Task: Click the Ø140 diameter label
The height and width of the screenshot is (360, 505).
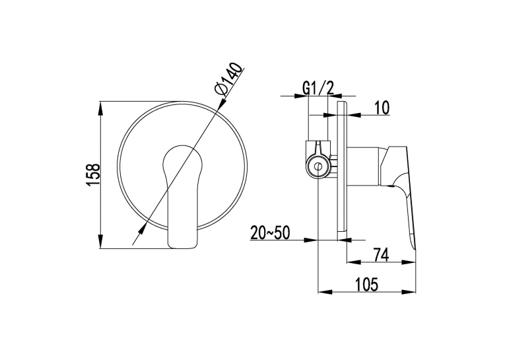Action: (x=228, y=79)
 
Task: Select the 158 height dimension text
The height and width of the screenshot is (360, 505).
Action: (x=94, y=174)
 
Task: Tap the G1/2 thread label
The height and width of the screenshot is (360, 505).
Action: (x=318, y=87)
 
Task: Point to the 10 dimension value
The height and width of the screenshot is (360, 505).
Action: (x=382, y=108)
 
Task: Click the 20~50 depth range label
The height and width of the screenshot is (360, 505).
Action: (x=270, y=233)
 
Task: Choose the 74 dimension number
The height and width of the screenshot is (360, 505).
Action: (x=381, y=254)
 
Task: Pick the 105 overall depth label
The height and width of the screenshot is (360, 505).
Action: (x=366, y=284)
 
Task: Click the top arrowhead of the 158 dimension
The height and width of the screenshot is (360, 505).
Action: (x=101, y=108)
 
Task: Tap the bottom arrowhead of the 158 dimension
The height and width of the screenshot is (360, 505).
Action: (x=101, y=242)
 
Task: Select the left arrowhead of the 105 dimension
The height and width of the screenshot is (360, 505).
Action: (x=325, y=292)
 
